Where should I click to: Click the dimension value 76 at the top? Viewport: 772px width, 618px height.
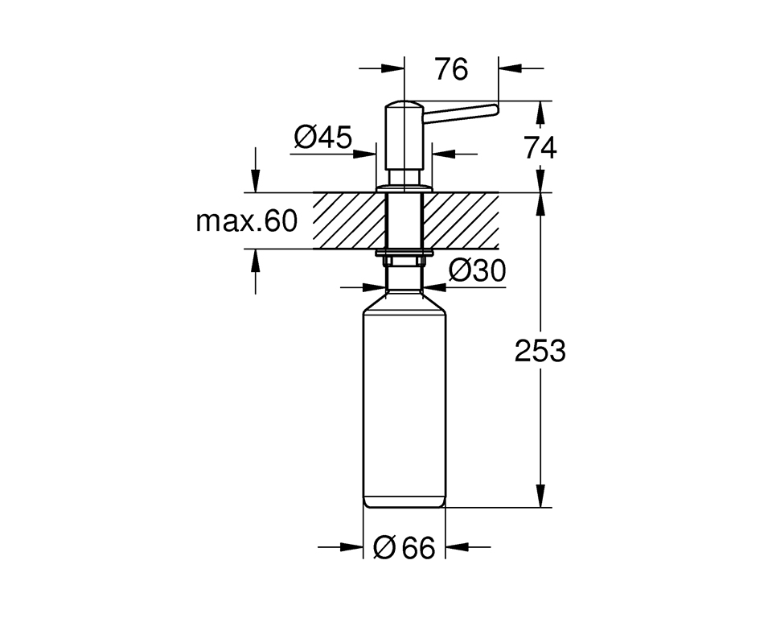click(x=451, y=70)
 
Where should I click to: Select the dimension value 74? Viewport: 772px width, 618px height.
click(x=540, y=148)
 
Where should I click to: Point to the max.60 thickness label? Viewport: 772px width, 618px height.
click(x=246, y=220)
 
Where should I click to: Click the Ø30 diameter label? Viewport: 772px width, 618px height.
click(x=478, y=271)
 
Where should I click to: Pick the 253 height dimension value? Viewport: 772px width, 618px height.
click(x=540, y=351)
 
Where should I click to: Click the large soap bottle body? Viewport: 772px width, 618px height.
click(x=404, y=402)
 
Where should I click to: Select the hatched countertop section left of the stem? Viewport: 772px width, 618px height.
click(x=347, y=220)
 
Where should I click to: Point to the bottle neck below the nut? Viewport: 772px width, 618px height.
click(x=404, y=280)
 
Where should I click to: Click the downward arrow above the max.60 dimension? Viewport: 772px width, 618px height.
click(x=256, y=183)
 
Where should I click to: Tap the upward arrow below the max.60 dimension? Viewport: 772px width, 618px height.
click(x=256, y=258)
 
